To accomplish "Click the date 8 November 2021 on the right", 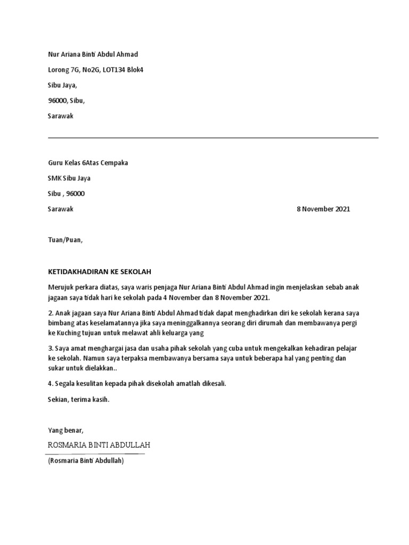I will (323, 209).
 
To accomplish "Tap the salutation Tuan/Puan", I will (65, 240).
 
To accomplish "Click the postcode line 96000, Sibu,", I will (66, 101).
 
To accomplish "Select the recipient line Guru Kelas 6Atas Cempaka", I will (88, 163).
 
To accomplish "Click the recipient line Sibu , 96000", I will (66, 194).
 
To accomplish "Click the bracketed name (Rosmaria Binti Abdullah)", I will (86, 461).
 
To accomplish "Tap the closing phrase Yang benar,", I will (66, 430).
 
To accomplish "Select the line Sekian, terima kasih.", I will (78, 399).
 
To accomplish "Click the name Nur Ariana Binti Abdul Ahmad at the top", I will (93, 54).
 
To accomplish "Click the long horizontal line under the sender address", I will (213, 138).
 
